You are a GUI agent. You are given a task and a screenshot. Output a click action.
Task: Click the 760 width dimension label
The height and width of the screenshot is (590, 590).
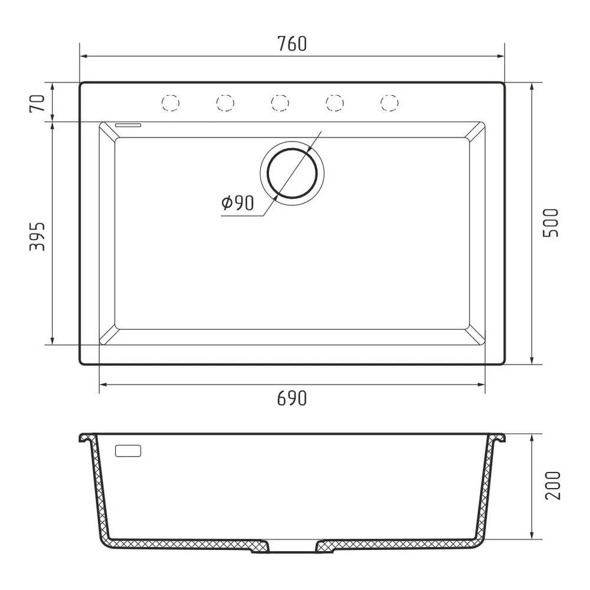[292, 44]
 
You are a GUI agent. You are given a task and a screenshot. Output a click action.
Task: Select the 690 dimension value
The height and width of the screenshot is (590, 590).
[292, 399]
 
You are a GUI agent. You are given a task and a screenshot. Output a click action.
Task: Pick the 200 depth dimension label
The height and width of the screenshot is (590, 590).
[552, 486]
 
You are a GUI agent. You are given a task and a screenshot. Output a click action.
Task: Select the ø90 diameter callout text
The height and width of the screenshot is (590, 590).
[237, 204]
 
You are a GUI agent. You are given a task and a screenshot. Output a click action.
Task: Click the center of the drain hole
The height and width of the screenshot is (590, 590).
[292, 173]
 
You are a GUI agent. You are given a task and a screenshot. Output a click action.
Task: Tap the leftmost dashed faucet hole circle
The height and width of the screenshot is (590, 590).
[170, 103]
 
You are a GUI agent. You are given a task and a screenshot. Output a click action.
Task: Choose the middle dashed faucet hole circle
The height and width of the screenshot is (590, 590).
[280, 103]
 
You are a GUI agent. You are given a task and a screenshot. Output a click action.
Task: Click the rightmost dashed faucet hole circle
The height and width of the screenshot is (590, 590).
[389, 103]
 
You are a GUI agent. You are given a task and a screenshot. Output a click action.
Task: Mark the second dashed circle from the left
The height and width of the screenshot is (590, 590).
[225, 103]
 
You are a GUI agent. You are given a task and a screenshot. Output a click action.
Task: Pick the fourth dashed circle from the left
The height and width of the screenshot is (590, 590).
[335, 103]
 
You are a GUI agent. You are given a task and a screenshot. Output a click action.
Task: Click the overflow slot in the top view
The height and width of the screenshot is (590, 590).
[129, 125]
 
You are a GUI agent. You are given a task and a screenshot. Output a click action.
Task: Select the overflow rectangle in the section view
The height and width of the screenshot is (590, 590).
[129, 451]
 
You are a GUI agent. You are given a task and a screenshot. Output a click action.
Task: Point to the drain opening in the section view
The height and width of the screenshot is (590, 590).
[292, 549]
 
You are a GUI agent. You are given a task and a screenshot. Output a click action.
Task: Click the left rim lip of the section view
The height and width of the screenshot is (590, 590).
[86, 438]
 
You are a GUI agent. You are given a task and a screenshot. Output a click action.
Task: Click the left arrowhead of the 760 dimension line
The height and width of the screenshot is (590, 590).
[83, 56]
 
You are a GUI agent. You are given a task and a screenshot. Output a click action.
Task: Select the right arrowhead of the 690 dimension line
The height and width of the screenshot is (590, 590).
[482, 385]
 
